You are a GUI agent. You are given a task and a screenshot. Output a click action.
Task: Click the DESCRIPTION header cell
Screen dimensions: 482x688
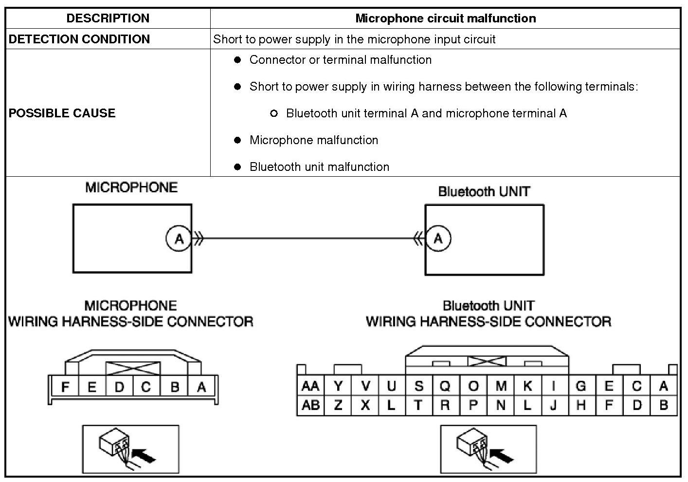click(x=108, y=19)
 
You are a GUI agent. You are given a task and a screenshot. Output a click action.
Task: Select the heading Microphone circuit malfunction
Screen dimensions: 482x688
click(x=445, y=19)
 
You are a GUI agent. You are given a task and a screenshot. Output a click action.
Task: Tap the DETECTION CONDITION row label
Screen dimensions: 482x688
click(x=79, y=39)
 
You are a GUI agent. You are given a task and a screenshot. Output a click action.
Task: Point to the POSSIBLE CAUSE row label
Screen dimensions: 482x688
click(x=62, y=113)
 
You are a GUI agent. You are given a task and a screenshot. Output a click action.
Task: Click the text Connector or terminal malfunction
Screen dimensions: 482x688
click(x=340, y=60)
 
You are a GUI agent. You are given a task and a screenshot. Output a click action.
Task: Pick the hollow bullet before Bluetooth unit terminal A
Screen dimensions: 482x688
click(x=273, y=113)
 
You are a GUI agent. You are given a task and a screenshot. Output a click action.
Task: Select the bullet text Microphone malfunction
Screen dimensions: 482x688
click(x=313, y=140)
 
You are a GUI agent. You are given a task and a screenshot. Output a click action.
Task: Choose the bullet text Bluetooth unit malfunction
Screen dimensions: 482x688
click(x=319, y=167)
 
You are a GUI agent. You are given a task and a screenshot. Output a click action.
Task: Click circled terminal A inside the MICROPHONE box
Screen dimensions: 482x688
click(x=179, y=239)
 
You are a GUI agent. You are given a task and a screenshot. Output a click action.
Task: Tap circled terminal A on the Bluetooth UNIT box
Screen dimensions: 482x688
click(x=438, y=239)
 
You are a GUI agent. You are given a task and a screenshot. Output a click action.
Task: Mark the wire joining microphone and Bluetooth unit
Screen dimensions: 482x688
click(x=309, y=239)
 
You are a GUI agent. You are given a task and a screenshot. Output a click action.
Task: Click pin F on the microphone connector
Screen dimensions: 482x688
click(x=65, y=388)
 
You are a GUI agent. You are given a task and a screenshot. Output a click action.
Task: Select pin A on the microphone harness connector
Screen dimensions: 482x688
click(x=201, y=388)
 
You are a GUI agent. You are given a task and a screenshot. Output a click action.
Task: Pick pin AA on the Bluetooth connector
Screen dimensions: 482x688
click(x=310, y=386)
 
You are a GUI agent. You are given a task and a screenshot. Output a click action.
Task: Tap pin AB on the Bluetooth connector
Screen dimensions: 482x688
click(x=310, y=405)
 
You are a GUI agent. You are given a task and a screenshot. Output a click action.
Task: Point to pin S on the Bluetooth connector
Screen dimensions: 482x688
click(x=418, y=386)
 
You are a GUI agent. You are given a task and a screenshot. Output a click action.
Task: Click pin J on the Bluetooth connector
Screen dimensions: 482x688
click(x=553, y=405)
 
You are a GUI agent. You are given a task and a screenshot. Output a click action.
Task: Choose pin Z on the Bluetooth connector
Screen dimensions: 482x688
click(x=338, y=405)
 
